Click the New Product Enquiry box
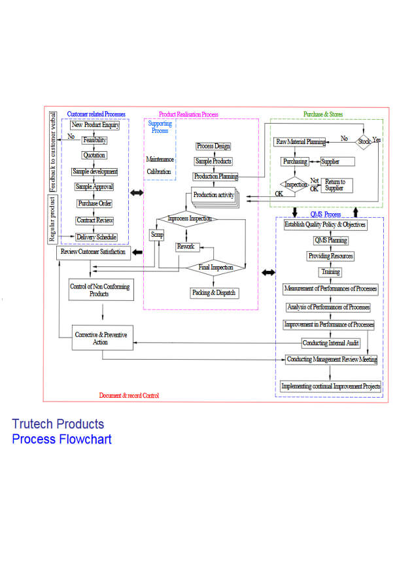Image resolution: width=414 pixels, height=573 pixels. click(x=95, y=125)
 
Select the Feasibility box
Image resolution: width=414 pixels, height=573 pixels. click(x=95, y=140)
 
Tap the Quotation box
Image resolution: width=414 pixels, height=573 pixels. click(x=94, y=156)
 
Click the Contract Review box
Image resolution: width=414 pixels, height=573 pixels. click(x=95, y=220)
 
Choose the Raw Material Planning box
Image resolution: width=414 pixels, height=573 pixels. click(x=300, y=142)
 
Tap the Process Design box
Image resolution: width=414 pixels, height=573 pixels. click(x=213, y=147)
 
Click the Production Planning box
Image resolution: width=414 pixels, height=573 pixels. click(x=215, y=177)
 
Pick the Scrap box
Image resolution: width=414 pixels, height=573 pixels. click(x=157, y=234)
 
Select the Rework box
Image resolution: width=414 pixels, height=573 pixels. click(x=186, y=247)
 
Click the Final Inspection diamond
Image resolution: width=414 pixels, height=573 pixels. click(x=213, y=267)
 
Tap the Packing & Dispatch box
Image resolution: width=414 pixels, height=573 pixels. click(x=213, y=293)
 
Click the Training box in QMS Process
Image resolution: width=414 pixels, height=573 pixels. click(x=330, y=272)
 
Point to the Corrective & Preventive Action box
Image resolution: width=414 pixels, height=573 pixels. click(x=100, y=338)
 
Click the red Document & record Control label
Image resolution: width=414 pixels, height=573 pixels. click(x=129, y=396)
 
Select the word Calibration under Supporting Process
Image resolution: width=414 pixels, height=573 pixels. click(x=159, y=172)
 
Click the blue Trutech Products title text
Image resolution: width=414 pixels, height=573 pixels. click(x=58, y=424)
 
